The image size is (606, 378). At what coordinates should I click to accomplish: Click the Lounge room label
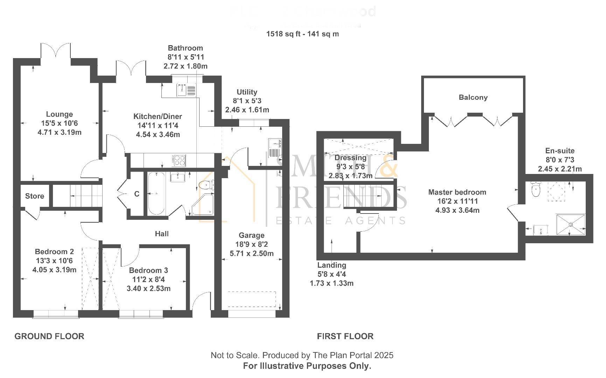(x=60, y=114)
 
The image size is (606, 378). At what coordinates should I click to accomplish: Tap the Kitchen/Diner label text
(x=158, y=117)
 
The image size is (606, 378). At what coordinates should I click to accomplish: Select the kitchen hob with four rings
(x=179, y=160)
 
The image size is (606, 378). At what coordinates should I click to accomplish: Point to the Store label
(x=35, y=196)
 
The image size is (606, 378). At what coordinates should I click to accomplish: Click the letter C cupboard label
(x=137, y=194)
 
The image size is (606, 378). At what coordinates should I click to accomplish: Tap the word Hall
(x=162, y=233)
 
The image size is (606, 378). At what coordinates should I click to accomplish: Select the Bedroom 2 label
(x=54, y=252)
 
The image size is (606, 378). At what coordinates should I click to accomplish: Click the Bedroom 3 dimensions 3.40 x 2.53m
(x=148, y=288)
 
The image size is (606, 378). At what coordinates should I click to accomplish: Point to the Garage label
(x=251, y=235)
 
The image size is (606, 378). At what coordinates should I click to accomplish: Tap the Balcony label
(x=473, y=97)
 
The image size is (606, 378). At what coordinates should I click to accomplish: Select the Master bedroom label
(x=457, y=192)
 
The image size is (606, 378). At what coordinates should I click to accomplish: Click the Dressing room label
(x=350, y=157)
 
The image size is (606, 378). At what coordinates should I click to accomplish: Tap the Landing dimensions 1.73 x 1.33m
(x=332, y=283)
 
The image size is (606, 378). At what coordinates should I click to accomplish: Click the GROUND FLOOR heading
(x=49, y=336)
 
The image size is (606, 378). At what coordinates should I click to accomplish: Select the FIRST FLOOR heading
(x=345, y=336)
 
